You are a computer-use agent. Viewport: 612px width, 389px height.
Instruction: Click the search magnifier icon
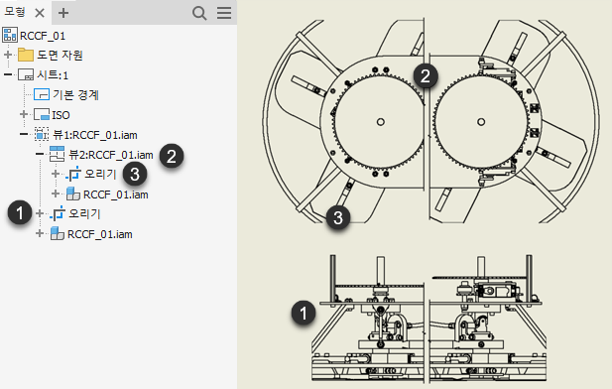pos(199,13)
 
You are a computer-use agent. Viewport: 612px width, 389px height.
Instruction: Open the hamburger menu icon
pos(224,13)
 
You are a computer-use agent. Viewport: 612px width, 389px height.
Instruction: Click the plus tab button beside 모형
pos(63,13)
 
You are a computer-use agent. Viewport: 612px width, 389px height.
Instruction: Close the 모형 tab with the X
pos(40,13)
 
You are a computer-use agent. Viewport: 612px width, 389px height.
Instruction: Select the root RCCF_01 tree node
pos(43,36)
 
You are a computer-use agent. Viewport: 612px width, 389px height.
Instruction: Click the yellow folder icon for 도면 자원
pos(26,55)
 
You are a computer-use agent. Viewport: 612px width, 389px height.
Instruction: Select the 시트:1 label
pos(53,74)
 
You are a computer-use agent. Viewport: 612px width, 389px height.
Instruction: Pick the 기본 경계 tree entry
pos(75,94)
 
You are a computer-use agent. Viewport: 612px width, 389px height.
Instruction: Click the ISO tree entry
pos(61,115)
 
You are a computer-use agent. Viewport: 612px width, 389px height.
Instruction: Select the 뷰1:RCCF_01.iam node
pos(95,135)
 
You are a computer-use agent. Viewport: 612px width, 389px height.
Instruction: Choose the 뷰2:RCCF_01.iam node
pos(111,155)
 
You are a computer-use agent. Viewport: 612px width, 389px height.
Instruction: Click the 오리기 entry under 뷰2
pos(101,174)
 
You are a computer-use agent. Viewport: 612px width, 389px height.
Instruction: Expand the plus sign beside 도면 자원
pos(8,55)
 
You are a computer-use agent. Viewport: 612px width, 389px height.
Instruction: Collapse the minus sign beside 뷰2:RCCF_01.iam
pos(40,154)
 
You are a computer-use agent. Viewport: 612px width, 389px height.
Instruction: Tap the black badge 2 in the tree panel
pos(172,156)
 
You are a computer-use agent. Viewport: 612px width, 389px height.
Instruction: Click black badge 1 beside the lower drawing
pos(304,313)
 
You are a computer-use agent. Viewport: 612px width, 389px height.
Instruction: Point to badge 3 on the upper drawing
pos(338,217)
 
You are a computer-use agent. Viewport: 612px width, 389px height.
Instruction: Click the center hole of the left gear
pos(381,122)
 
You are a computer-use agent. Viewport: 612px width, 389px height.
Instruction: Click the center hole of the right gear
pos(481,122)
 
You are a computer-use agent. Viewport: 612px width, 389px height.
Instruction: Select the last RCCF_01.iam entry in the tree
pos(100,234)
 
